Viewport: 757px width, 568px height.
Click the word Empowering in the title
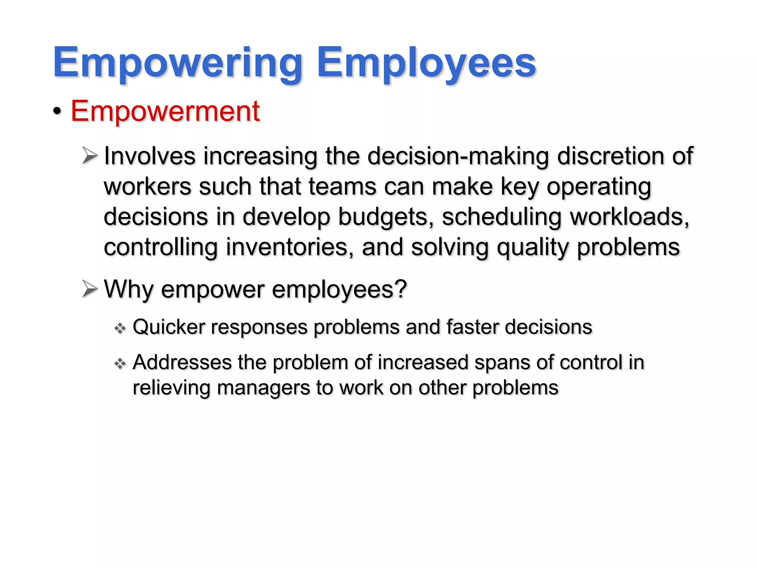point(177,63)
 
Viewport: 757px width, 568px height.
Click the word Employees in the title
point(426,63)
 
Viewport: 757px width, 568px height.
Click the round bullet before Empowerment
point(57,111)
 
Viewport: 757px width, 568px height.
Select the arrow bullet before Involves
point(90,156)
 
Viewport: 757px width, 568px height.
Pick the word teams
point(342,186)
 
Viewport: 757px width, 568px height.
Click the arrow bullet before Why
point(90,289)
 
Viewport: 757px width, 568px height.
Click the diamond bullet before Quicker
point(120,328)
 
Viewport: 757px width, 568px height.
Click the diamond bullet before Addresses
point(120,364)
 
